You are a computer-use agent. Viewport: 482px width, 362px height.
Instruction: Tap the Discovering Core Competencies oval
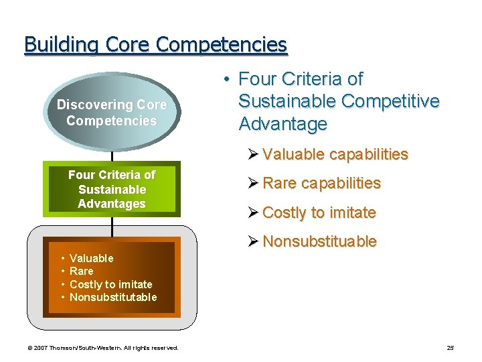point(112,113)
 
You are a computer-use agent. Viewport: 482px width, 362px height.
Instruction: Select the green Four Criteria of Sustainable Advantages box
point(112,189)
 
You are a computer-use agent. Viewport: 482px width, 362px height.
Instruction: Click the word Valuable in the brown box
point(92,258)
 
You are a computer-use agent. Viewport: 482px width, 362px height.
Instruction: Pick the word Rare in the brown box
point(82,271)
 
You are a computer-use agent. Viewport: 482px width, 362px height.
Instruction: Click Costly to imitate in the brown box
point(111,284)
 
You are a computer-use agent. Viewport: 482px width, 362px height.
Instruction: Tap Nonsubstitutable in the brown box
point(113,297)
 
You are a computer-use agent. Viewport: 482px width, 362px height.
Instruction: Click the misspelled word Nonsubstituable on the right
point(319,241)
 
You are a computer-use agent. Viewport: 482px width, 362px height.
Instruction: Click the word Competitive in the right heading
point(390,101)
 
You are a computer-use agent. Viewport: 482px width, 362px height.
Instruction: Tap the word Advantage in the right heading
point(283,124)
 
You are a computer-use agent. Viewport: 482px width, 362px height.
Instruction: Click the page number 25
point(450,348)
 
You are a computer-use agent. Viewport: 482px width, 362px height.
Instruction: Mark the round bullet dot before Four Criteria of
point(228,79)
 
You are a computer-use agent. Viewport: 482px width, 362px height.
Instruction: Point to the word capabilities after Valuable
point(370,154)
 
